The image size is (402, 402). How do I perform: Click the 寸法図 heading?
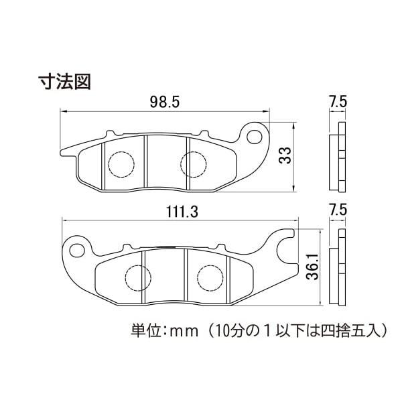pos(65,82)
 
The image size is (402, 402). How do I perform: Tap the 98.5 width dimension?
pos(165,102)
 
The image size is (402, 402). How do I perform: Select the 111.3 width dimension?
pos(182,212)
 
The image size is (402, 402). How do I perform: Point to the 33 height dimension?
pos(285,155)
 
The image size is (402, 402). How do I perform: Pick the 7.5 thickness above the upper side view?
pos(338,102)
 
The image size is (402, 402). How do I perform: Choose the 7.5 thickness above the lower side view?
pos(338,210)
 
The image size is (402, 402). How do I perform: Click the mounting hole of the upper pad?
pos(255,137)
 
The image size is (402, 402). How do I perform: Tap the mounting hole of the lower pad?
pos(77,250)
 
